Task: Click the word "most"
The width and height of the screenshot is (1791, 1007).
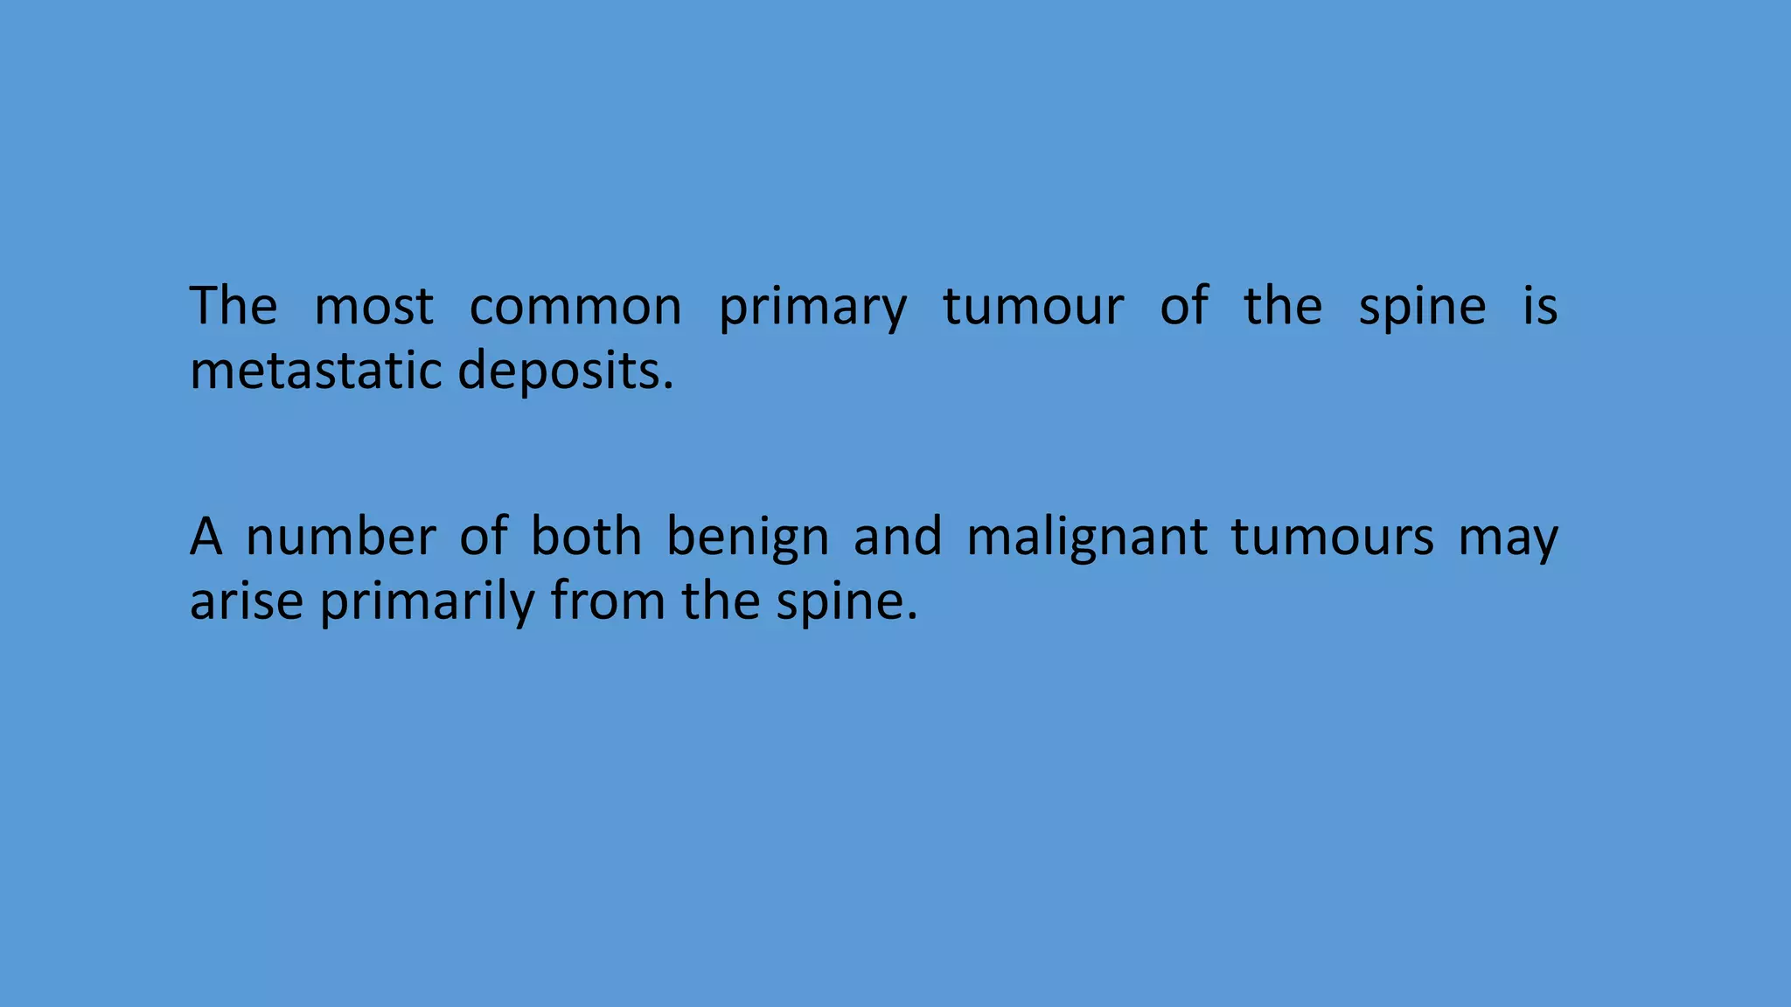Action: coord(373,307)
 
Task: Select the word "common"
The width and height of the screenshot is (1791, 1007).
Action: coord(575,307)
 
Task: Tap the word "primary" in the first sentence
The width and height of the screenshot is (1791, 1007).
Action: coord(812,309)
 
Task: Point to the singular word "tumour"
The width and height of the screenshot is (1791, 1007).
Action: coord(1033,307)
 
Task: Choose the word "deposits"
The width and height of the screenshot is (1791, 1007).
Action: coord(560,372)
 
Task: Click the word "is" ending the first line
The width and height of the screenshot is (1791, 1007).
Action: coord(1540,307)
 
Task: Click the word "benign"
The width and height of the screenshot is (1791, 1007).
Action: coord(748,538)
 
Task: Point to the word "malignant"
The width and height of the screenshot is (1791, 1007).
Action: coord(1086,538)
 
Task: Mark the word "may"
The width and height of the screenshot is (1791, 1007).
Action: coord(1508,538)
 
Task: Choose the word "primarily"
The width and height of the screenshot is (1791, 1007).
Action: coord(427,603)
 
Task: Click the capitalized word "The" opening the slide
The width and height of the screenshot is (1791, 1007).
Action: coord(233,307)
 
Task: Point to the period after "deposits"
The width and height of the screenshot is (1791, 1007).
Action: coord(669,385)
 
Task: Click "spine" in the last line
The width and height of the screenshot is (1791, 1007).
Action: coord(840,603)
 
